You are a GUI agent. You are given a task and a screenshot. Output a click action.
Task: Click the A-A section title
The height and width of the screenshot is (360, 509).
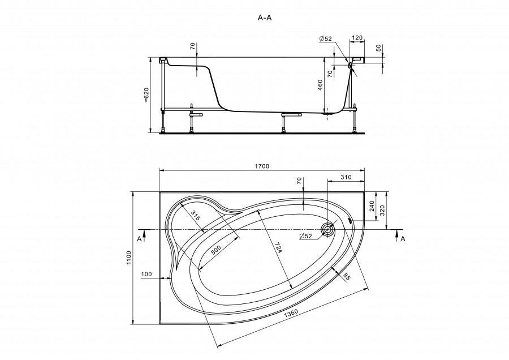[264, 18]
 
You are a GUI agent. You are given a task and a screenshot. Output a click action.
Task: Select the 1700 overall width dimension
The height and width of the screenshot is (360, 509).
[262, 166]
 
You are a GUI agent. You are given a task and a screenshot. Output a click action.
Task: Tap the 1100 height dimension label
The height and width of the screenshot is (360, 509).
[129, 258]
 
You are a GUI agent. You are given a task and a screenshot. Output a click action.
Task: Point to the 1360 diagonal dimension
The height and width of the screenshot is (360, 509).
[291, 314]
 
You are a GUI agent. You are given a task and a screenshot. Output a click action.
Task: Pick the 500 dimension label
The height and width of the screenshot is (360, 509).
[215, 250]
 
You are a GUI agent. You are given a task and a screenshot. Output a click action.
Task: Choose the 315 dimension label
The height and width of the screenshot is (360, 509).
[195, 216]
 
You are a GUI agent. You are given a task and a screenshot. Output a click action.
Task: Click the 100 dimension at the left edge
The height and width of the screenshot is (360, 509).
[146, 274]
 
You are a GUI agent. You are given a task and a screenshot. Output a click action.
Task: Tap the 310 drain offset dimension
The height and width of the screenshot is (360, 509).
[346, 177]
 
